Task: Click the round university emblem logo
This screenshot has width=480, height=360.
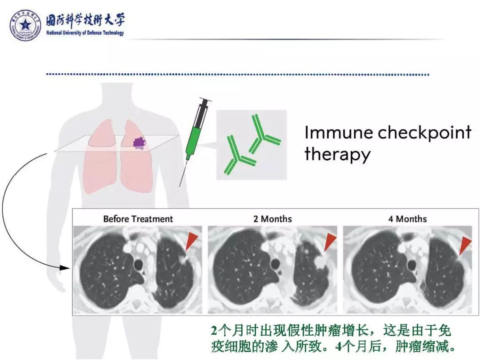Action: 26,25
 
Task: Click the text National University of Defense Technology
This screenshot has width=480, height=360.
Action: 85,33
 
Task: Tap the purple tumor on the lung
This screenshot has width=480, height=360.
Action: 140,142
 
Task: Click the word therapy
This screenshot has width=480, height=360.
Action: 337,155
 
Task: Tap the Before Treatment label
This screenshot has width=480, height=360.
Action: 138,219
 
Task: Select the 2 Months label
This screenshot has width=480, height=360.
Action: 272,219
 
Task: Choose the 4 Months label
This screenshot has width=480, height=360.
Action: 407,219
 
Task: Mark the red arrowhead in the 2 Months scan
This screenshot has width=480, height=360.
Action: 330,242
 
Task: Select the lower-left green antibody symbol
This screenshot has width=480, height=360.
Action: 239,156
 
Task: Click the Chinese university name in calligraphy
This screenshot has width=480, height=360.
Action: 85,20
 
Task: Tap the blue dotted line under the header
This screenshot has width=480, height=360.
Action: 238,74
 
